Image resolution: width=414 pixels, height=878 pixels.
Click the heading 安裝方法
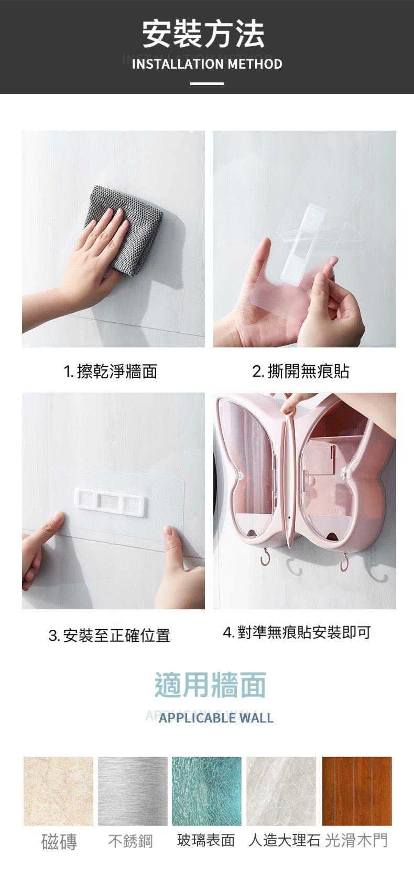point(203,34)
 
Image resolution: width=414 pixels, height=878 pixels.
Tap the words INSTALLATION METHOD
point(207,64)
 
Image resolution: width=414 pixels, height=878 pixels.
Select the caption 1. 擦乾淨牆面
point(111,371)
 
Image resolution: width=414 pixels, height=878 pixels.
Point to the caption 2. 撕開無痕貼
point(300,371)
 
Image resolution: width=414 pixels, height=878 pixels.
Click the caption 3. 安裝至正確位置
point(109,635)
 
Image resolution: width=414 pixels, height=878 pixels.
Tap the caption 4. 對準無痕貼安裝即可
point(297,632)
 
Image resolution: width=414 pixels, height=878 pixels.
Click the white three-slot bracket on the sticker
point(111,502)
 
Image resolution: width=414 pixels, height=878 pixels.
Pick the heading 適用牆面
point(211,684)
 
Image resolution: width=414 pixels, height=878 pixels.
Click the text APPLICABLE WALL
point(216,718)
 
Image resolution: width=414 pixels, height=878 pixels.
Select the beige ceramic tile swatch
point(58,791)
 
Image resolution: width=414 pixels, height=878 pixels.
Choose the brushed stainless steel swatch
point(133,791)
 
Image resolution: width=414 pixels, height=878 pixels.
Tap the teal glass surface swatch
point(206,791)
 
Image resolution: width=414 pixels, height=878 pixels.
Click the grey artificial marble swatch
point(281,791)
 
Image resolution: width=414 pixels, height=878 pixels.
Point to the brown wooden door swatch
point(357,791)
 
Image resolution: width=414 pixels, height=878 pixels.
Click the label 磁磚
point(59,842)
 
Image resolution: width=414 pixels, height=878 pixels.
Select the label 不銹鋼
point(130,841)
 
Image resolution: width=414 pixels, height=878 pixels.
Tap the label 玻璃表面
point(206,840)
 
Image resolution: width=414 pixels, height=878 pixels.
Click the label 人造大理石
point(285,840)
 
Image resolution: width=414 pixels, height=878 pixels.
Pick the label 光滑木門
point(356,840)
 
